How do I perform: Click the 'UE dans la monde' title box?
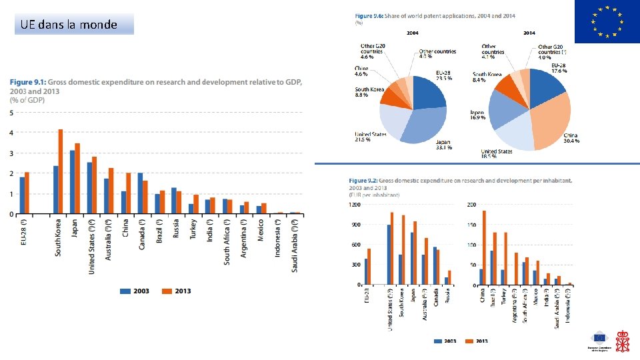74,25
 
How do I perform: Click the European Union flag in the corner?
607,22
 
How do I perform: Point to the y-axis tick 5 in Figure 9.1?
11,113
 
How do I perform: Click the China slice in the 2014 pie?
550,123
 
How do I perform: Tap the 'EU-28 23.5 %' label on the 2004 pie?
444,75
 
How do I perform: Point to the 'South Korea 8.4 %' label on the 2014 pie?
487,77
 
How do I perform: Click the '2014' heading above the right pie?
529,32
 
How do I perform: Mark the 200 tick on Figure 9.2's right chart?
471,205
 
